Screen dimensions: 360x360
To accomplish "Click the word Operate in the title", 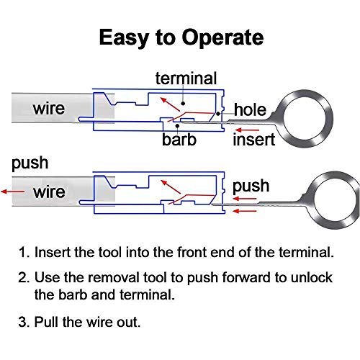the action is pyautogui.click(x=222, y=37).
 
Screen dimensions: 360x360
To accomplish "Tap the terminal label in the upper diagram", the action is pyautogui.click(x=186, y=78).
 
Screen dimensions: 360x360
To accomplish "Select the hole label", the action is pyautogui.click(x=250, y=109).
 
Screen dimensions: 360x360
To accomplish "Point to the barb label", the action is pyautogui.click(x=179, y=139).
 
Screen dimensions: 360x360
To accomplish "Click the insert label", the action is pyautogui.click(x=253, y=140).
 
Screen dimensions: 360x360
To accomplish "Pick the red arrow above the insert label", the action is pyautogui.click(x=247, y=130).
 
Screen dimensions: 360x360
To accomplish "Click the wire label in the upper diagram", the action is pyautogui.click(x=49, y=108).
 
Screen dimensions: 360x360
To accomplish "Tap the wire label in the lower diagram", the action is pyautogui.click(x=49, y=192).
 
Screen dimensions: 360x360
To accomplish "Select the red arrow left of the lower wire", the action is pyautogui.click(x=13, y=192).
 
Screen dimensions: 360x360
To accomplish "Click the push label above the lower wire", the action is pyautogui.click(x=30, y=163).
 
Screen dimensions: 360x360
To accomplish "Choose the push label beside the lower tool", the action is pyautogui.click(x=251, y=186).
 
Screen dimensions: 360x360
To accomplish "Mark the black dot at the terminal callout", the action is pyautogui.click(x=183, y=104).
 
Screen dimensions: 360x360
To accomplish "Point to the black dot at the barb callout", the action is pyautogui.click(x=177, y=125).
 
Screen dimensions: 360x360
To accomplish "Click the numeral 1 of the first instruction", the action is pyautogui.click(x=23, y=252).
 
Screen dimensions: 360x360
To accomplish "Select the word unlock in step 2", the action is pyautogui.click(x=312, y=277).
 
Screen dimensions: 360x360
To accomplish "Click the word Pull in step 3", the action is pyautogui.click(x=47, y=322).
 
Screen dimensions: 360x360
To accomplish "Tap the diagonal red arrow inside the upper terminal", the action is pyautogui.click(x=170, y=104).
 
